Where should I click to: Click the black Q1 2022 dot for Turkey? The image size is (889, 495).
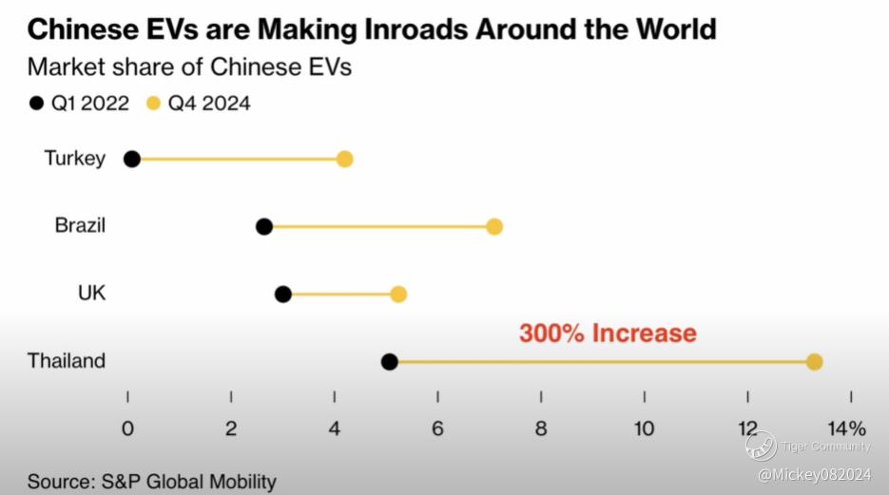pos(132,159)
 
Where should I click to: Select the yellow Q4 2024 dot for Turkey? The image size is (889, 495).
pos(344,159)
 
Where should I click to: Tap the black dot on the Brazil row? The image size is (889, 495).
pos(264,226)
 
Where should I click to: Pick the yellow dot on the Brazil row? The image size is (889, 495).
pos(493,226)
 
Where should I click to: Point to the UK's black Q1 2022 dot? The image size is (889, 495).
pos(282,294)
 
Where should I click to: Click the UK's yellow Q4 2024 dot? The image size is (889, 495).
pos(398,294)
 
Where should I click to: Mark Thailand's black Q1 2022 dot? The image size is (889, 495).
pos(389,361)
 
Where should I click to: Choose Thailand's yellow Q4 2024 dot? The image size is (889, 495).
pos(814,361)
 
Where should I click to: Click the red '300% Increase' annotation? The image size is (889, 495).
pos(608,333)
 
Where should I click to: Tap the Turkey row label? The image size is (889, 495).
pos(74,159)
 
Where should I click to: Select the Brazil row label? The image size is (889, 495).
pos(80,226)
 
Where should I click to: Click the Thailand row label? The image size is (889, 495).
pos(67,361)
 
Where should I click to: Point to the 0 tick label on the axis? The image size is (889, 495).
pos(127,428)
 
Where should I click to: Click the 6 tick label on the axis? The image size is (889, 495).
pos(437,428)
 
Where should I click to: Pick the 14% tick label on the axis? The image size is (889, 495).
pos(846,428)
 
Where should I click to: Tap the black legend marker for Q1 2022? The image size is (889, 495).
pos(37,104)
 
